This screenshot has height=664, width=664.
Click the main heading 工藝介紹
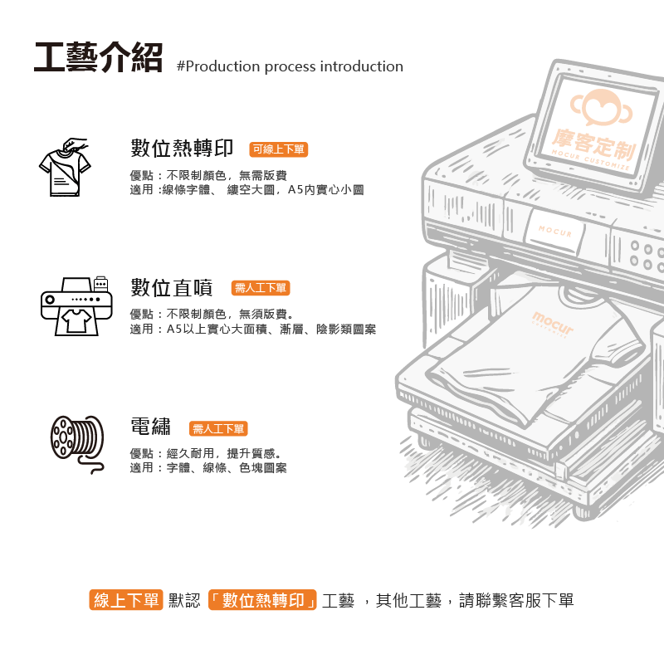98,57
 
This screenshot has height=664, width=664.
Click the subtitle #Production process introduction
290,66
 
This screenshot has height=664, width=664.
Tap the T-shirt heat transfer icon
65,167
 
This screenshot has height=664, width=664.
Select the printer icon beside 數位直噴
76,306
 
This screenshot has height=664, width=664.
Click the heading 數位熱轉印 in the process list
182,149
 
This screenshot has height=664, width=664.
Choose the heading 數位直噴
172,287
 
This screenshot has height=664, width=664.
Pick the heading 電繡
151,426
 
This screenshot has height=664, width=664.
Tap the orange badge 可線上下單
279,149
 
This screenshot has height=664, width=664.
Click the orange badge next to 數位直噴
261,288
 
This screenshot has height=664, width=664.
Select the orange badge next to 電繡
218,428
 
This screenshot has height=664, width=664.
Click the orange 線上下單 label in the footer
126,599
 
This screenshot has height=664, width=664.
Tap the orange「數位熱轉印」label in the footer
262,599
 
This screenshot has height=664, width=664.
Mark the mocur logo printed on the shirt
553,323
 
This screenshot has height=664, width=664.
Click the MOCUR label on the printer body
555,231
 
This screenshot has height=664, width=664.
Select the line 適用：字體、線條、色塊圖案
208,468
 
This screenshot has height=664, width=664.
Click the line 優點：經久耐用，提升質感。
206,453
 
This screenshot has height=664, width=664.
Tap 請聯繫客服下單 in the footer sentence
516,600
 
